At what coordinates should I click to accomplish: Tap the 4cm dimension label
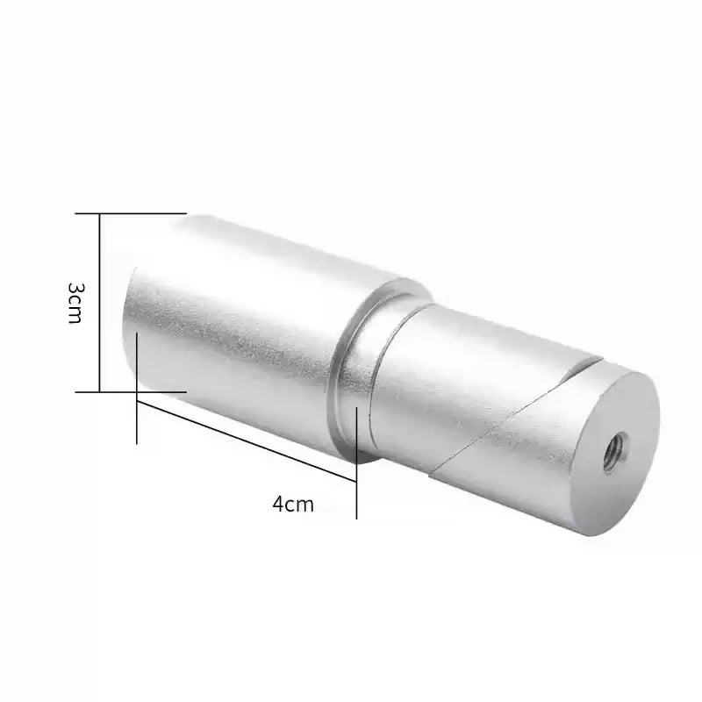[293, 505]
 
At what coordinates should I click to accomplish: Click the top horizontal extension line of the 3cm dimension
[140, 213]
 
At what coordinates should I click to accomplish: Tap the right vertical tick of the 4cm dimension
[357, 465]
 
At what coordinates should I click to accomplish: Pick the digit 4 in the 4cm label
[280, 505]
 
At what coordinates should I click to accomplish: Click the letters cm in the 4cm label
[301, 505]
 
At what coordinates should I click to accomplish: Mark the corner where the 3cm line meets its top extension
[100, 213]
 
